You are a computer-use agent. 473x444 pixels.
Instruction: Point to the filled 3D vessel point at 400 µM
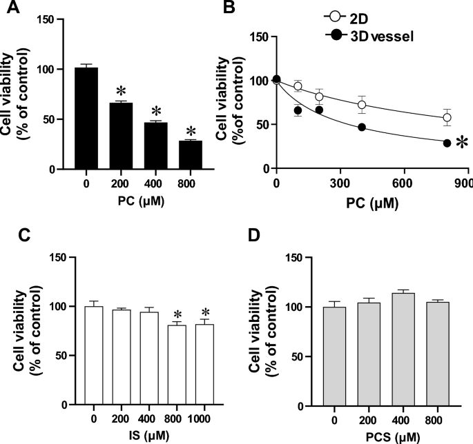coord(361,128)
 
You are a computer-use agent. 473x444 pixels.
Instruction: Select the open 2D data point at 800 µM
coord(447,118)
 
